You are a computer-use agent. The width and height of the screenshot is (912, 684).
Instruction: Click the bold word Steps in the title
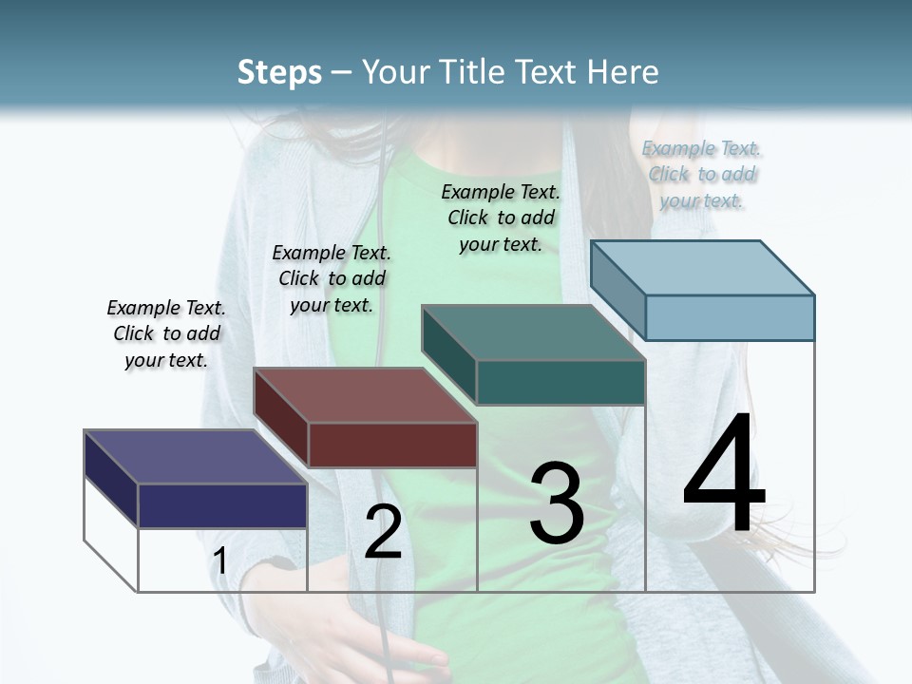tap(278, 72)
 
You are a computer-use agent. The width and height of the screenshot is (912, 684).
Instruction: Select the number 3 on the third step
tap(557, 503)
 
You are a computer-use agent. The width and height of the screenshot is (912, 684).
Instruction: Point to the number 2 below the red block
tap(383, 533)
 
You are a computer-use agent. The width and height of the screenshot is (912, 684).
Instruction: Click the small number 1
tap(220, 561)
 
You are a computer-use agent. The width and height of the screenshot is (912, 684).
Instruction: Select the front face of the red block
tap(392, 445)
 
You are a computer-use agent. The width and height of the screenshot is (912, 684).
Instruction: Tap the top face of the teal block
tap(533, 332)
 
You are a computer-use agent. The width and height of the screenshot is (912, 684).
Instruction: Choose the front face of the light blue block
tap(730, 317)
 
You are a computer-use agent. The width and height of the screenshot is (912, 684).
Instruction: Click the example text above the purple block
tap(166, 333)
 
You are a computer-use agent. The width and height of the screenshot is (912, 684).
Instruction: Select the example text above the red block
tap(332, 278)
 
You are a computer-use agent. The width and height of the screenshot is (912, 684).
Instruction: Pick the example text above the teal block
tap(501, 218)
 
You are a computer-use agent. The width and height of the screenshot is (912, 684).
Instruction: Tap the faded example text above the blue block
tap(701, 174)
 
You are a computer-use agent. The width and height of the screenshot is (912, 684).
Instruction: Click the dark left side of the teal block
tap(448, 356)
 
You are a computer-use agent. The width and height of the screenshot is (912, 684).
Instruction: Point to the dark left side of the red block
tap(280, 418)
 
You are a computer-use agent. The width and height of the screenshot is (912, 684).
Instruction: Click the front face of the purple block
tap(222, 505)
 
